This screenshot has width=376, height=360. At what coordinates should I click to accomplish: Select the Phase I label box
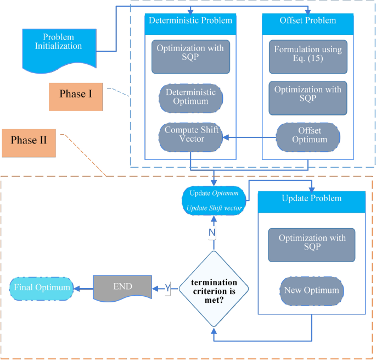(75, 94)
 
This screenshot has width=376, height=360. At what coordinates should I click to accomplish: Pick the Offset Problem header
(307, 20)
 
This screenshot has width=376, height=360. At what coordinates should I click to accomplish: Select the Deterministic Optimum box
(190, 97)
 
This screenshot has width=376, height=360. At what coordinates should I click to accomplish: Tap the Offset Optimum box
(307, 135)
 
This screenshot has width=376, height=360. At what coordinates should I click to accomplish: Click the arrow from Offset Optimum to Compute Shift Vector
(250, 139)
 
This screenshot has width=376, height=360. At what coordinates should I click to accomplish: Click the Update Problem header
(311, 198)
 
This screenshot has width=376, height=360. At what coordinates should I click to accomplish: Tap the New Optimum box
(311, 289)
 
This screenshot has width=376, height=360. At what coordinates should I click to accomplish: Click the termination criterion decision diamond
(214, 287)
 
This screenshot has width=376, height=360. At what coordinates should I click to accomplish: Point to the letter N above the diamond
(212, 233)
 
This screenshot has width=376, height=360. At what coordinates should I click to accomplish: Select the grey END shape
(122, 287)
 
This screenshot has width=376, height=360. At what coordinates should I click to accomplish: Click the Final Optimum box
(42, 287)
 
